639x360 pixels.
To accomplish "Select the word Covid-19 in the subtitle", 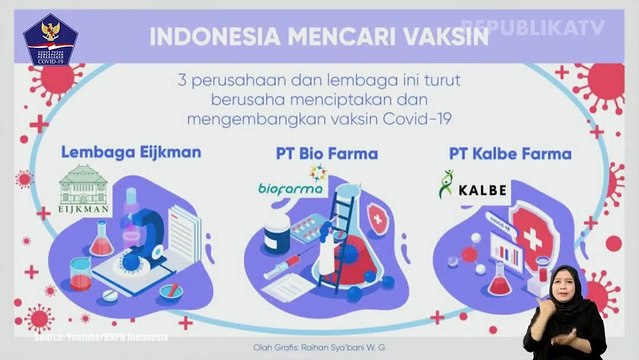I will pos(420,118).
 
